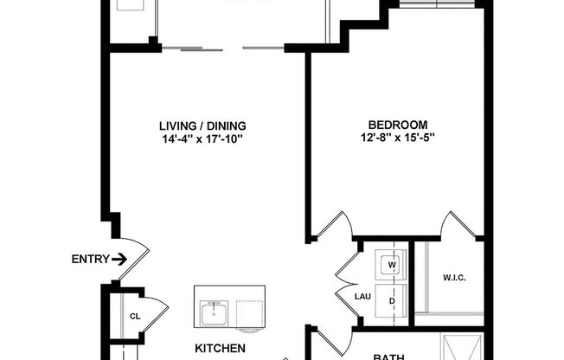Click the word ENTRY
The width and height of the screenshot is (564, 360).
click(89, 258)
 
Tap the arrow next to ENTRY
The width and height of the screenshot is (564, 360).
click(119, 258)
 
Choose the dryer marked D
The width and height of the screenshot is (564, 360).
click(391, 300)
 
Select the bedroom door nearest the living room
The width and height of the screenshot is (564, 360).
click(333, 227)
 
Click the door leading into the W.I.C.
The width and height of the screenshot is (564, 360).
click(457, 227)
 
